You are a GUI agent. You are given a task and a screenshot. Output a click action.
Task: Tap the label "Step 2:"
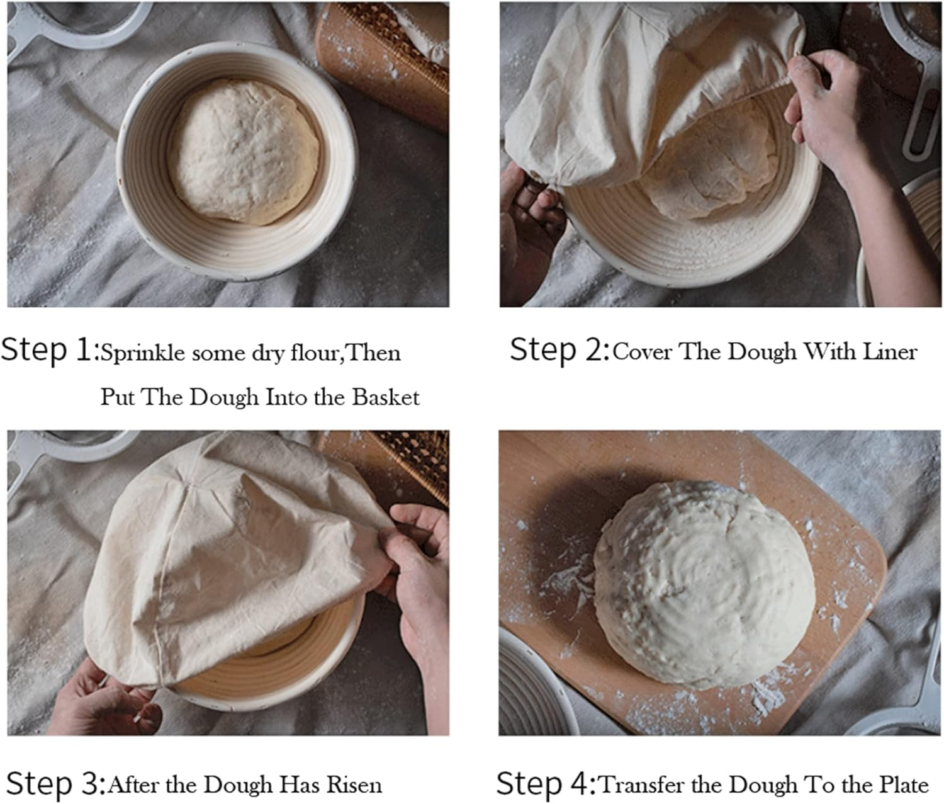pos(559,351)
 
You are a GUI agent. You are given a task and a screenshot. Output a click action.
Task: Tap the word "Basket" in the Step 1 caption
pos(385,397)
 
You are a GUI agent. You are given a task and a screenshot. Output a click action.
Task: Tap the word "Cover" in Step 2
pos(642,352)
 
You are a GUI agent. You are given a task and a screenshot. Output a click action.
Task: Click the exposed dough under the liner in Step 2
pos(717,164)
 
